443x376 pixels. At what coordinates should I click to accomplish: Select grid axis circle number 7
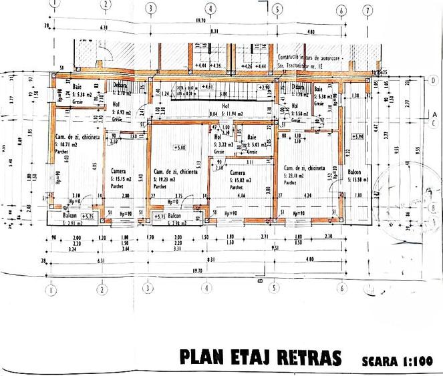367,10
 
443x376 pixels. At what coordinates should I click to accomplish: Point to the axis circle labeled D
433,80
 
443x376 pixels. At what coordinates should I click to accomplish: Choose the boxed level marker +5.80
179,147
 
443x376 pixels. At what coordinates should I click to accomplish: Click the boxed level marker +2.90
263,87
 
